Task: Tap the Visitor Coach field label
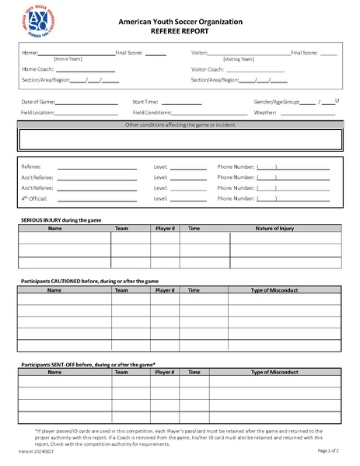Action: coord(208,68)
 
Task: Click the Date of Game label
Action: coord(38,102)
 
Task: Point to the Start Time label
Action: coord(145,102)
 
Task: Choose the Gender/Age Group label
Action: coord(276,102)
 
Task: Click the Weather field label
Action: coord(265,113)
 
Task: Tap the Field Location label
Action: coord(38,113)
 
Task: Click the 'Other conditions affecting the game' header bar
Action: coord(180,124)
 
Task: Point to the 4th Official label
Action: coord(36,198)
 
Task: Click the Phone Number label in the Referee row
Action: coord(236,166)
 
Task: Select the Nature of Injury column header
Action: coord(274,229)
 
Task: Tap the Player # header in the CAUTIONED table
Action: coord(166,289)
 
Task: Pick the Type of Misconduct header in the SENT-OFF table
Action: coord(274,372)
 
